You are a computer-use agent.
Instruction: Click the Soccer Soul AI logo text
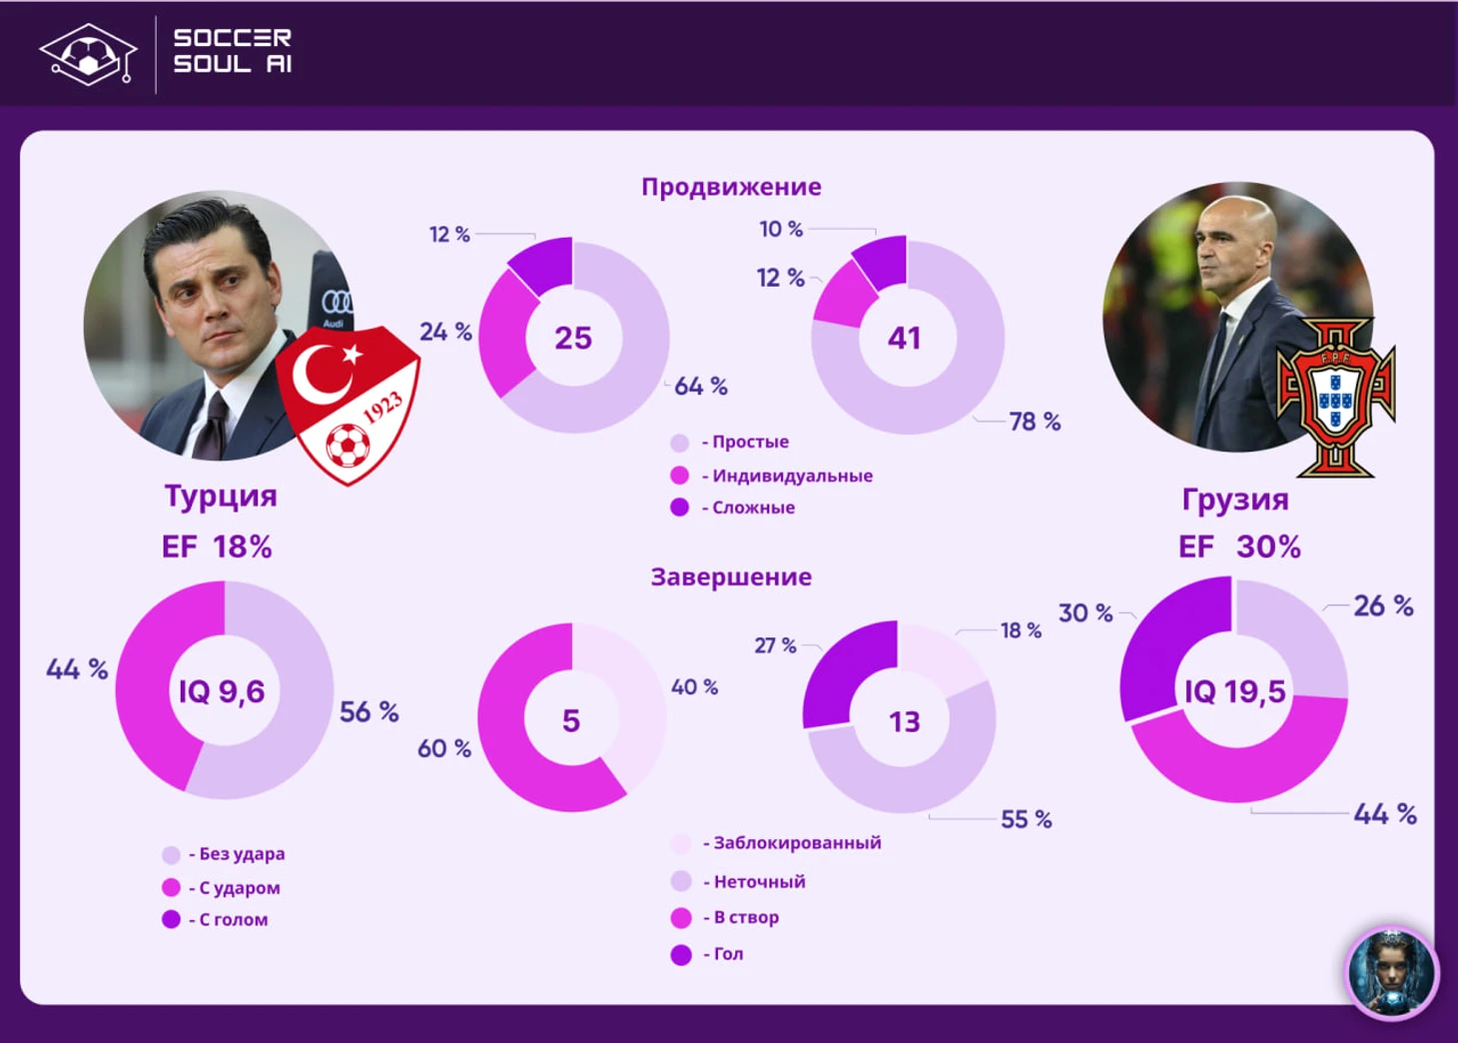(x=233, y=51)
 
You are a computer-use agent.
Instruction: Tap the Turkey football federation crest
(x=349, y=405)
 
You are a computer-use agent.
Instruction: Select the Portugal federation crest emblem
(x=1335, y=398)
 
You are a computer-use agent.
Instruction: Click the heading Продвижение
(x=731, y=187)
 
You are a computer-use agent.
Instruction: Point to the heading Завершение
(x=731, y=576)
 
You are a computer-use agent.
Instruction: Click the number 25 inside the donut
(x=573, y=338)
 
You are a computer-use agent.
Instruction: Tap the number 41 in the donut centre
(x=905, y=338)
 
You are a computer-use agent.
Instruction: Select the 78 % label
(x=1035, y=422)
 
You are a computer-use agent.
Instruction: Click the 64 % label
(x=701, y=386)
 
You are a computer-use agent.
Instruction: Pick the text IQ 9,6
(x=222, y=690)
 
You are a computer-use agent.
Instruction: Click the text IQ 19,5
(x=1234, y=690)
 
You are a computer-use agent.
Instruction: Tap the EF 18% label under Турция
(x=217, y=546)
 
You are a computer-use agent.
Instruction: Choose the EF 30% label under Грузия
(x=1239, y=546)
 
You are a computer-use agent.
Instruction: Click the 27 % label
(x=775, y=645)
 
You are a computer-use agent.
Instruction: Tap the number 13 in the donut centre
(x=905, y=721)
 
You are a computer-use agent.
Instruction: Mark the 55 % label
(x=1027, y=819)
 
